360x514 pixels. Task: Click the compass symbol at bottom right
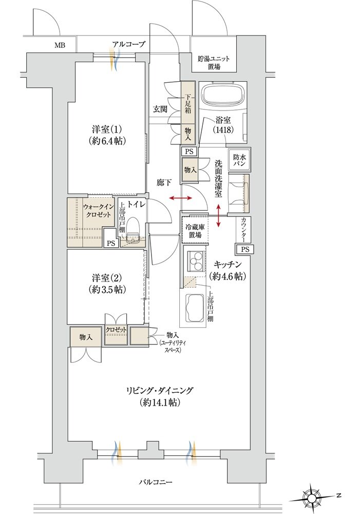click(x=312, y=497)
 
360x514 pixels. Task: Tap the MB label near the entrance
click(x=60, y=45)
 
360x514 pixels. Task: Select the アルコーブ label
click(x=129, y=44)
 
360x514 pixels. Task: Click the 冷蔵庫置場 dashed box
click(x=194, y=231)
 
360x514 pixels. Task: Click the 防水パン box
click(x=239, y=161)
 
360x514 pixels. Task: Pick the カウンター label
click(x=243, y=230)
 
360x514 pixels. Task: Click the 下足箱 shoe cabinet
click(x=188, y=103)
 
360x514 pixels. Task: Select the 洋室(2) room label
click(x=107, y=284)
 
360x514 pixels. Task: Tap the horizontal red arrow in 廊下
click(x=179, y=198)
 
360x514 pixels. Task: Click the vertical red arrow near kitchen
click(x=220, y=215)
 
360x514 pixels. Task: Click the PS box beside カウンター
click(x=244, y=249)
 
